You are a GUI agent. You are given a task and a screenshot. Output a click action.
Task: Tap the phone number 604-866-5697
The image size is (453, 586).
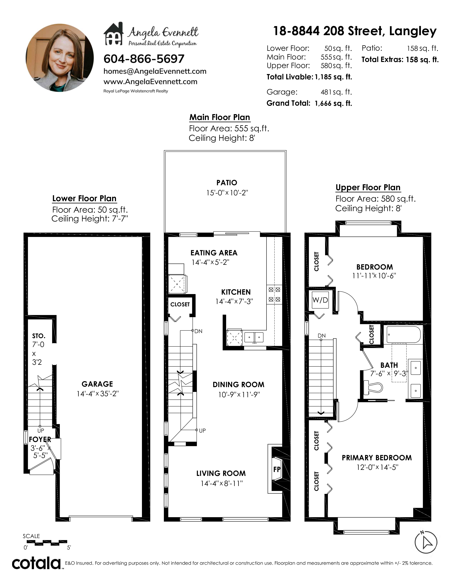click(x=144, y=59)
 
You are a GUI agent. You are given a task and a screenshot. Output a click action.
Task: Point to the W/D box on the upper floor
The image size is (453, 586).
click(x=320, y=300)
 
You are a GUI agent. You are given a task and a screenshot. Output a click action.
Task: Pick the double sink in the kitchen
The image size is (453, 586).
click(x=254, y=337)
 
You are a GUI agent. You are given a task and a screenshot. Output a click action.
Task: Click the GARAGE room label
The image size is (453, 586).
click(x=97, y=384)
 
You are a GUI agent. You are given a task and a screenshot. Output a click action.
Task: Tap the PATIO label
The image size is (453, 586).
click(x=227, y=183)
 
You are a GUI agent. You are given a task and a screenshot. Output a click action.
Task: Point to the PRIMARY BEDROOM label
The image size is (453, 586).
click(x=376, y=458)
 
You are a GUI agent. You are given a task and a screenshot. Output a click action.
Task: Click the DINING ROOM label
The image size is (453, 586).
click(x=238, y=385)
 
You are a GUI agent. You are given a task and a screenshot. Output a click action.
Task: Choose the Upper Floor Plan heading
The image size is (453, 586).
click(x=368, y=188)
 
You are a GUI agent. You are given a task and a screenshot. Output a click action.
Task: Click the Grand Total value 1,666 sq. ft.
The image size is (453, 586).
click(x=333, y=103)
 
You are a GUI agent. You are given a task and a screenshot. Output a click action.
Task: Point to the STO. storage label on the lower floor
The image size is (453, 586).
click(x=39, y=336)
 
